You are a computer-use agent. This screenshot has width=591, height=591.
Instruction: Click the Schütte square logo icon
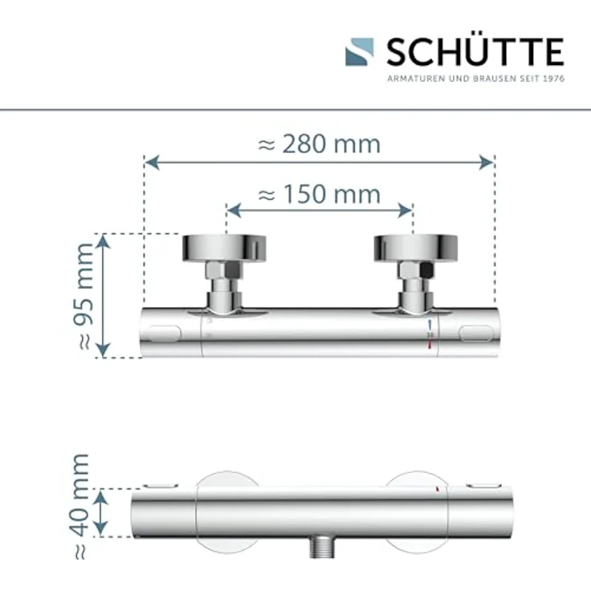point(360,52)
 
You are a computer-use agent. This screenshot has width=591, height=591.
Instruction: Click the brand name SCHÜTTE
point(475,51)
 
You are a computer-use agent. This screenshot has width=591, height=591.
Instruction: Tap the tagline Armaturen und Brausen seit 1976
point(476,79)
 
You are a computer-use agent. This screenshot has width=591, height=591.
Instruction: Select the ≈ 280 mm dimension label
point(320,144)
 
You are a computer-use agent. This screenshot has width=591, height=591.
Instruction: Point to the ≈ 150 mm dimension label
point(320,194)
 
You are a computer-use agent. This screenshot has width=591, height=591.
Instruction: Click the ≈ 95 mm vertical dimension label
point(84,296)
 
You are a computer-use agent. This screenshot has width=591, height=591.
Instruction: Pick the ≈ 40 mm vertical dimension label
point(80,506)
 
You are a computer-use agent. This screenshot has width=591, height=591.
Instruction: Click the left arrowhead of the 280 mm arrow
point(152,162)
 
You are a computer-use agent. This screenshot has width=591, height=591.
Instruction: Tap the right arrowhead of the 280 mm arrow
point(487,162)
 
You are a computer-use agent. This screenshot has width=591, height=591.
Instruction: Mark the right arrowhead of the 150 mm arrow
point(406,210)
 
